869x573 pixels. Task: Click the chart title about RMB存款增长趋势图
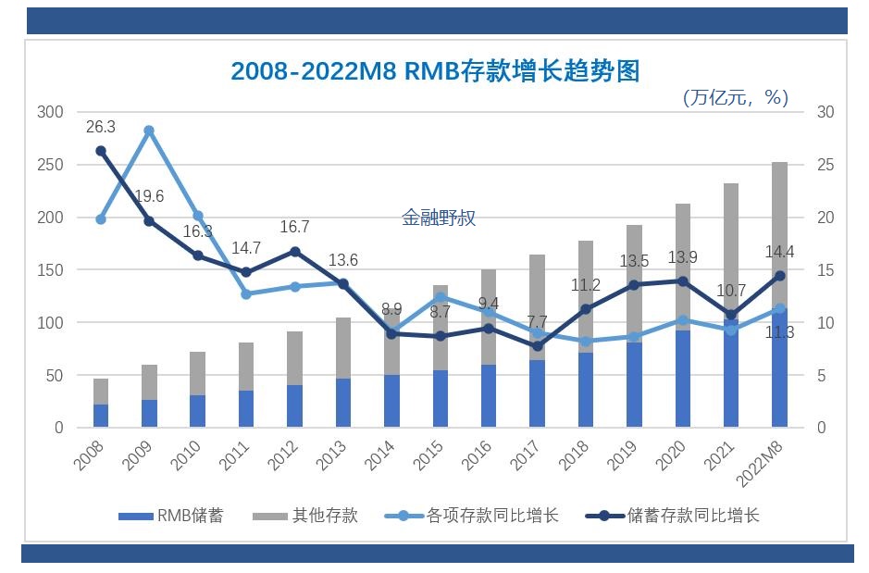coord(435,71)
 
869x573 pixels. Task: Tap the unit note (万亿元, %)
coord(735,97)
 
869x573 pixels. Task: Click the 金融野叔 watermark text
coord(439,218)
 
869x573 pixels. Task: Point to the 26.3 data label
coord(101,128)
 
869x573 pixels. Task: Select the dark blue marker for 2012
coord(294,252)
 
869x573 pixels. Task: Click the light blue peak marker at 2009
coord(149,131)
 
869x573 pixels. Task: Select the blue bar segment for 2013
coord(343,403)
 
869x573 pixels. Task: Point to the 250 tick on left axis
coord(50,165)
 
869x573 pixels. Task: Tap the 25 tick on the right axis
coord(826,165)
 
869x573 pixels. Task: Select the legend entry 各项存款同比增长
coord(472,516)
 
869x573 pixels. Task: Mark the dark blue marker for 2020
coord(683,281)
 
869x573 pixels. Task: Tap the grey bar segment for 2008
coord(101,392)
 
